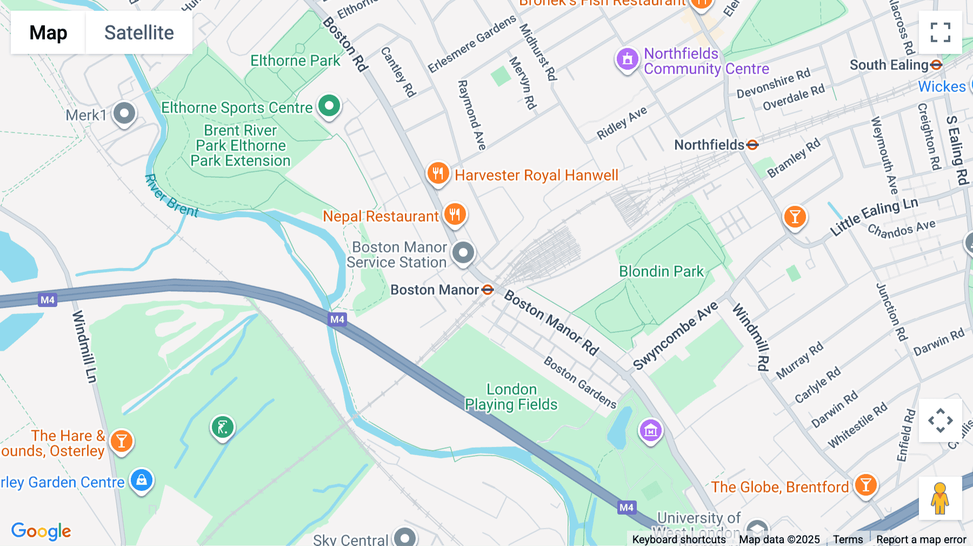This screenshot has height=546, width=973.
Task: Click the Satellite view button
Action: pyautogui.click(x=139, y=32)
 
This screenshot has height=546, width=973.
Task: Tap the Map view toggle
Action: pyautogui.click(x=48, y=32)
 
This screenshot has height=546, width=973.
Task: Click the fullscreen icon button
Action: pyautogui.click(x=940, y=32)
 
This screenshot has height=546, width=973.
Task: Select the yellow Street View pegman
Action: pyautogui.click(x=940, y=498)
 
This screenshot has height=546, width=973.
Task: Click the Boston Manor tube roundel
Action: pyautogui.click(x=488, y=290)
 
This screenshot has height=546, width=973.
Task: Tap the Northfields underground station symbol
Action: pyautogui.click(x=752, y=145)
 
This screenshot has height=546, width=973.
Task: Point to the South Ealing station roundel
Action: pyautogui.click(x=936, y=65)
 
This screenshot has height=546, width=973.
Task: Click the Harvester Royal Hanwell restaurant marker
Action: pyautogui.click(x=438, y=173)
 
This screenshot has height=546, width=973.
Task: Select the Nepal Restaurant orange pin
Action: pyautogui.click(x=455, y=214)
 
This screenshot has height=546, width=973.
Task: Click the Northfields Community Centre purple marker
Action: pyautogui.click(x=627, y=59)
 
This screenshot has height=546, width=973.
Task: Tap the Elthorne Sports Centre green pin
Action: pyautogui.click(x=329, y=105)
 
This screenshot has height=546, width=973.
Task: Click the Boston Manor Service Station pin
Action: pyautogui.click(x=463, y=252)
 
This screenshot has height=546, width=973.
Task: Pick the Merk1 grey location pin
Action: pyautogui.click(x=124, y=114)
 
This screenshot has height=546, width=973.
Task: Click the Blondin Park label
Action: pyautogui.click(x=661, y=271)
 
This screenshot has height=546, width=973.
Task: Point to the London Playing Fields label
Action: pyautogui.click(x=511, y=397)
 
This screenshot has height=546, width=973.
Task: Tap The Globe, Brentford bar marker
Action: pyautogui.click(x=865, y=485)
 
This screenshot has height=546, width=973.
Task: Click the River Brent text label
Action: pyautogui.click(x=171, y=196)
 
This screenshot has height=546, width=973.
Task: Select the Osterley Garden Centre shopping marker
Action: pyautogui.click(x=142, y=480)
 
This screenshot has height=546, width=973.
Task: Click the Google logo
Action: pyautogui.click(x=41, y=531)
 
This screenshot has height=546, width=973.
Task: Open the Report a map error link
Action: pyautogui.click(x=921, y=540)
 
